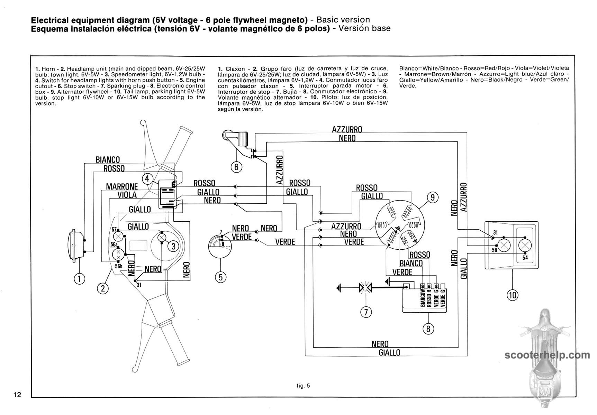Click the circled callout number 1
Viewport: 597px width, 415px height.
(x=80, y=279)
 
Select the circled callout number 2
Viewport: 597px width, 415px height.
(x=103, y=288)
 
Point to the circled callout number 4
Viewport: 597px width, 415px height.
(x=147, y=179)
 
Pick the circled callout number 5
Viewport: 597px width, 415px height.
(x=220, y=277)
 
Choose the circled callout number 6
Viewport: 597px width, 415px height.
(x=236, y=167)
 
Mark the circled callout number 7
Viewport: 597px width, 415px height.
(x=366, y=312)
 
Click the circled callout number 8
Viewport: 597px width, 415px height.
(x=428, y=329)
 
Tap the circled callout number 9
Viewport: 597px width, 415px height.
(x=433, y=197)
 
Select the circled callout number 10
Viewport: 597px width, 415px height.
(x=513, y=295)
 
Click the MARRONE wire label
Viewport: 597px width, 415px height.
(x=122, y=187)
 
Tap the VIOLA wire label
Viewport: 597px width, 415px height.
(x=127, y=195)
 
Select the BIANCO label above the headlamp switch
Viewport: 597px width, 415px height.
(x=108, y=160)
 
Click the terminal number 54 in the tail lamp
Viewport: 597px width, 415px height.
(x=525, y=258)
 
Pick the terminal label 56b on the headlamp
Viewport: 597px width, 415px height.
(x=119, y=266)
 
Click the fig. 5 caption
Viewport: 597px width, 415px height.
(x=303, y=386)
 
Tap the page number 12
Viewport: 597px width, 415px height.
(x=18, y=395)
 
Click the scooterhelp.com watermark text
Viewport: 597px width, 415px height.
(x=547, y=355)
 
